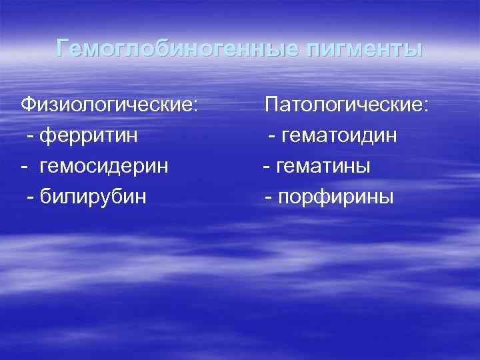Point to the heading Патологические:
(347, 105)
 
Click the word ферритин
(89, 136)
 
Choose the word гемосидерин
(104, 167)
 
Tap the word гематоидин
(340, 136)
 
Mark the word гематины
(326, 167)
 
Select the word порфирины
(337, 197)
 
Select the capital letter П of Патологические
(272, 104)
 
